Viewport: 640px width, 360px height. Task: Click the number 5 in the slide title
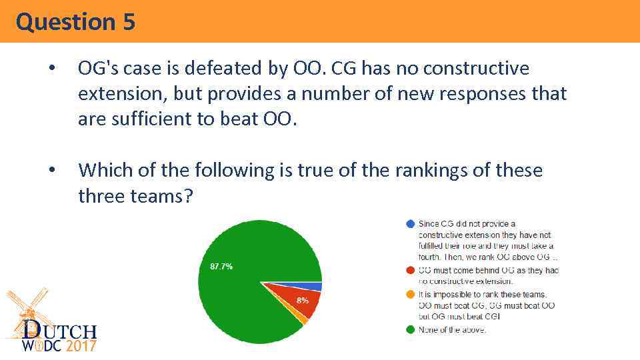(x=129, y=22)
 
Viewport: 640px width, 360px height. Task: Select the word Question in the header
(x=65, y=22)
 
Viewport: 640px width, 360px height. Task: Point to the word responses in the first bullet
(x=445, y=94)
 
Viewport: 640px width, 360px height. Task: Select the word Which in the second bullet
(x=101, y=171)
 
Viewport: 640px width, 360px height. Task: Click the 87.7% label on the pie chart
(x=221, y=266)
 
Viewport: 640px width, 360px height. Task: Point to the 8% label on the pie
(x=302, y=301)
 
